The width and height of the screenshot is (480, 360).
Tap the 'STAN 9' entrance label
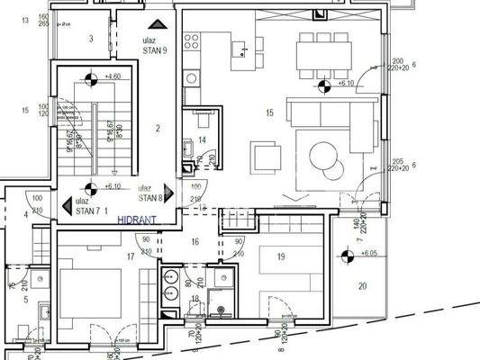point(154,51)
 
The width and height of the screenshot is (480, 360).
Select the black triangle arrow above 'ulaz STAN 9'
point(158,25)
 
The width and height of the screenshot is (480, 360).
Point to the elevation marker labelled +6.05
point(348,254)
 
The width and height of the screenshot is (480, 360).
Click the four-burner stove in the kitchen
point(191,40)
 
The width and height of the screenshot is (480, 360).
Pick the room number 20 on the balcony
point(362,286)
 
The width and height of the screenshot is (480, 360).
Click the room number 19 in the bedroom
point(281,256)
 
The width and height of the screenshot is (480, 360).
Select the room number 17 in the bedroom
point(131,256)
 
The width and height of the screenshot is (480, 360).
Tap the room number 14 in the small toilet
point(203,140)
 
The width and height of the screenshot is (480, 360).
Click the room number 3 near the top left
point(90,39)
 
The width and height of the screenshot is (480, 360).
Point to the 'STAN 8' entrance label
point(150,198)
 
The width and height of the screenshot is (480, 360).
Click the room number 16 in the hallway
point(194,242)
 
